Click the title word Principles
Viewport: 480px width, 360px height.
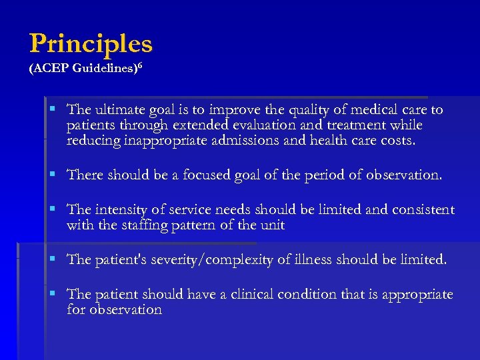point(91,44)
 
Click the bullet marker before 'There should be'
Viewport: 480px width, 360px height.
point(53,175)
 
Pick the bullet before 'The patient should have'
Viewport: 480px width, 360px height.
point(53,295)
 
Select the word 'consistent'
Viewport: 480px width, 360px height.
point(421,211)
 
